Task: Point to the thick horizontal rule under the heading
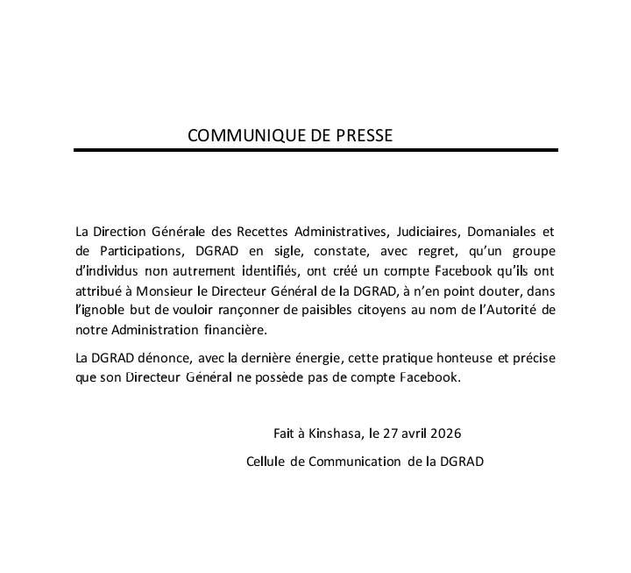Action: coord(315,150)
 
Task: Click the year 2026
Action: coord(444,433)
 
